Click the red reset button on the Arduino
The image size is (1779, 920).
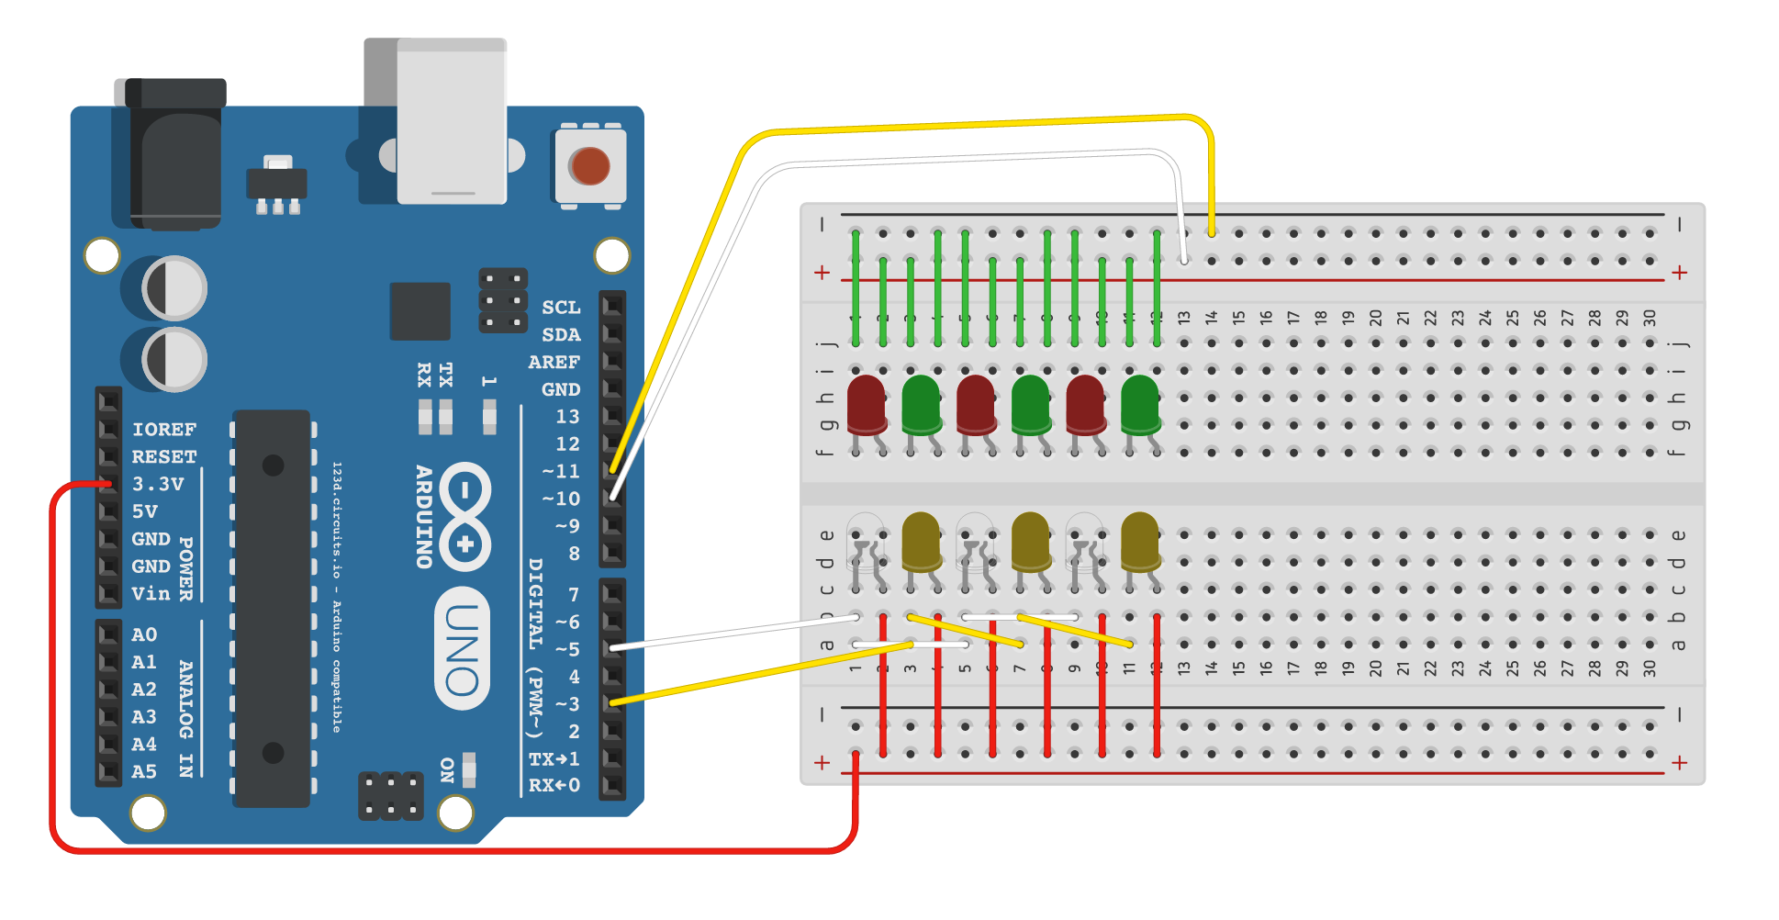pos(589,166)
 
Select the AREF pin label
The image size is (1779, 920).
pos(554,362)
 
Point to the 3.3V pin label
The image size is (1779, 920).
pos(158,484)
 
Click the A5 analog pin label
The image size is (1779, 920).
pos(144,771)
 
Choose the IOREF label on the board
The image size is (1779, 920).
pos(163,429)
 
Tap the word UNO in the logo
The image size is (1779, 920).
pos(462,648)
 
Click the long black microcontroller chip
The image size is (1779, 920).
pos(272,608)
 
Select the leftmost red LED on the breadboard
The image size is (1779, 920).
pos(866,404)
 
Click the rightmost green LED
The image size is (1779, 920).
pos(1140,404)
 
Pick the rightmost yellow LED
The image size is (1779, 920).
pos(1140,542)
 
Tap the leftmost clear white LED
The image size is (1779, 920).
pos(866,542)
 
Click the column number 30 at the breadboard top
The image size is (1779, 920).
pos(1650,318)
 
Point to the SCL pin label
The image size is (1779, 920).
pos(561,308)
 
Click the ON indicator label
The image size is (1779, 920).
pos(447,769)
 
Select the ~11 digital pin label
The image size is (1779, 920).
pos(560,471)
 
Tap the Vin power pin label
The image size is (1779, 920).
pos(151,593)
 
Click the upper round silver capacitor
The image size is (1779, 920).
pos(174,288)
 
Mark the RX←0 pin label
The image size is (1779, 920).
pos(554,785)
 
